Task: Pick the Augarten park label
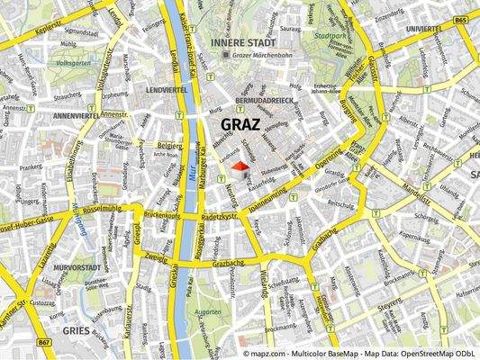tap(208, 310)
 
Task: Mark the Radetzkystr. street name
tap(221, 217)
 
